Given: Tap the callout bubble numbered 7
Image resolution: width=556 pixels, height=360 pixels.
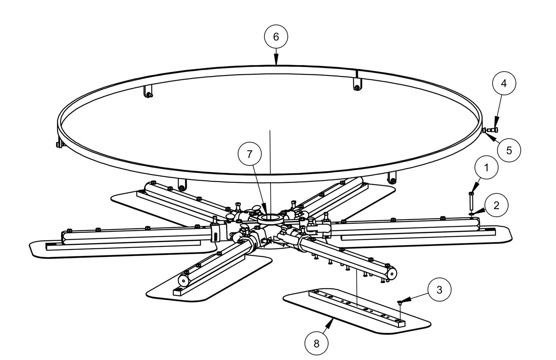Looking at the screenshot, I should click(x=249, y=154).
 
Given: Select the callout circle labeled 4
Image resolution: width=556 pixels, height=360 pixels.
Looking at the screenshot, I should click(x=504, y=83).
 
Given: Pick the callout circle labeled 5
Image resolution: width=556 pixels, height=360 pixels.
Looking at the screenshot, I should click(x=509, y=150).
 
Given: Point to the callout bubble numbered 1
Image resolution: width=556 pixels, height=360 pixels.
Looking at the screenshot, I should click(x=486, y=167).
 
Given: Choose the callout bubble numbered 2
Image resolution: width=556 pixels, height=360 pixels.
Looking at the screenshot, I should click(x=496, y=205).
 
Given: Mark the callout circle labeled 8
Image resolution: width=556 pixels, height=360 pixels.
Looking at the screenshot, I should click(x=316, y=342).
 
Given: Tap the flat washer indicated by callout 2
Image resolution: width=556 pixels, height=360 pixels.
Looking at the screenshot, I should click(x=471, y=213).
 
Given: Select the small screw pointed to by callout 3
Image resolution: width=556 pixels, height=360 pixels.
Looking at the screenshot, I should click(x=401, y=303).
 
